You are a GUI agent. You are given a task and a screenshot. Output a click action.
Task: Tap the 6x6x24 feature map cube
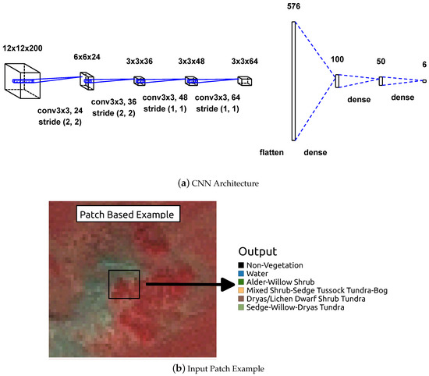(x=87, y=80)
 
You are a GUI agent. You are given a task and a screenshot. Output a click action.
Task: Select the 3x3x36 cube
(x=139, y=80)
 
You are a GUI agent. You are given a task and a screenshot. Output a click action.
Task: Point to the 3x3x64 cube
(x=246, y=80)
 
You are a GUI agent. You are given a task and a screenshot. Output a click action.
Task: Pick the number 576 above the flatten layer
(x=293, y=6)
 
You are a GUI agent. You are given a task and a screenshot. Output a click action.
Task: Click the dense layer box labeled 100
(x=337, y=80)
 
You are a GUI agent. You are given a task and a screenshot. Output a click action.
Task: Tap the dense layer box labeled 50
(x=381, y=80)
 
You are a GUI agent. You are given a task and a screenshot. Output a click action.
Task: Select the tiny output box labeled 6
(x=424, y=80)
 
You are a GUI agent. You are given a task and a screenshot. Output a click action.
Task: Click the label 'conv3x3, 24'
(x=62, y=111)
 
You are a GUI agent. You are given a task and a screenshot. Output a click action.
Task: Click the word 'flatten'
(x=278, y=151)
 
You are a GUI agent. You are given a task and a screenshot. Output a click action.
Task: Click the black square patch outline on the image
(x=124, y=284)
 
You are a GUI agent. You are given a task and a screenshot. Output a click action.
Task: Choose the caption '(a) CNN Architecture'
(x=214, y=183)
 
